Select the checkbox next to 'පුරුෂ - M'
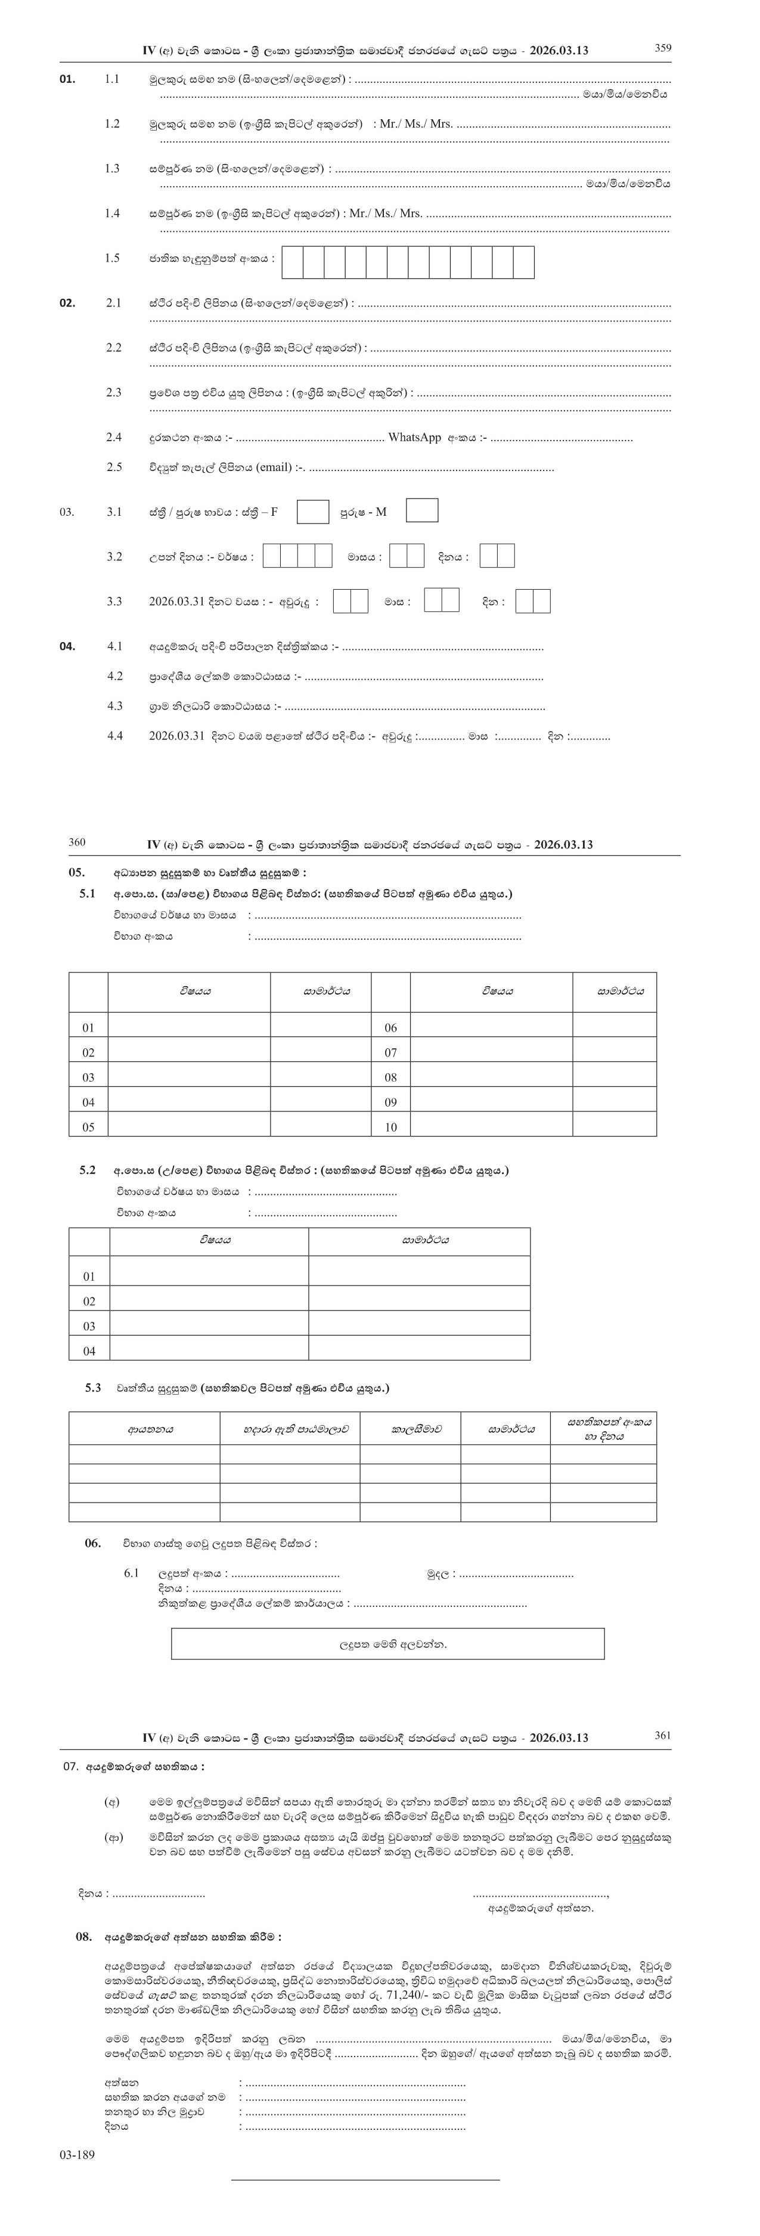(421, 510)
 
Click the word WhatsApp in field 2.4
(414, 438)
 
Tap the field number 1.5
(112, 258)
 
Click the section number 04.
(67, 646)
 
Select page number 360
(76, 842)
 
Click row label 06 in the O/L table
(390, 1028)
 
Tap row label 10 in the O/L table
(390, 1127)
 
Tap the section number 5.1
(87, 893)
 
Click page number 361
(662, 1735)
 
